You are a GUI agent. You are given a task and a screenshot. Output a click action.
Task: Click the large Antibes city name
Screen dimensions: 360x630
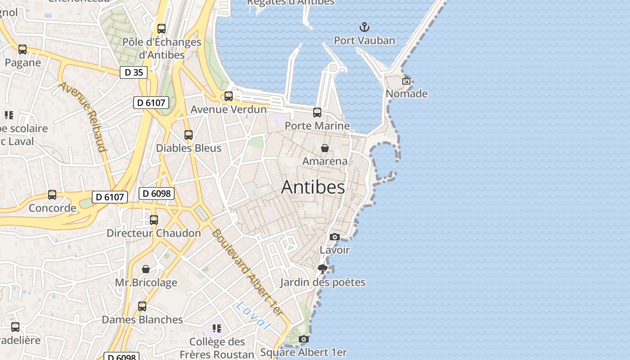313,187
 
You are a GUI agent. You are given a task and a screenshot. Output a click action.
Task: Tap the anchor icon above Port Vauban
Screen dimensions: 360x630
364,27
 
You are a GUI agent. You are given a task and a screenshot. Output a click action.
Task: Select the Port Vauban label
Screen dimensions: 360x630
364,40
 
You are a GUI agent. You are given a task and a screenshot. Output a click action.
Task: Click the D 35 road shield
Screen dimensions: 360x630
134,72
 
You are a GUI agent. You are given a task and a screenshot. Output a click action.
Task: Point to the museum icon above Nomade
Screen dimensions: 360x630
406,81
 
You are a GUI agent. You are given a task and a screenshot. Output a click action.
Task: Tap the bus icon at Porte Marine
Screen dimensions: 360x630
317,112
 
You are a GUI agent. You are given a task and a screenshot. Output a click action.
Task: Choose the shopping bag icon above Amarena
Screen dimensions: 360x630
324,148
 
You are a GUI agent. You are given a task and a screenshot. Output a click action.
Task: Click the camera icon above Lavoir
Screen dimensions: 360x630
334,237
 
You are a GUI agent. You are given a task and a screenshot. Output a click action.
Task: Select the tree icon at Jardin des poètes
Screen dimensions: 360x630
322,269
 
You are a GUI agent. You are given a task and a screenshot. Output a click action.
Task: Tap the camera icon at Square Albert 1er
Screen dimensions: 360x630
304,339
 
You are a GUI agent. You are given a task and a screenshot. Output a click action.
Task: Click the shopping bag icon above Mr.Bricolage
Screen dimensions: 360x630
146,269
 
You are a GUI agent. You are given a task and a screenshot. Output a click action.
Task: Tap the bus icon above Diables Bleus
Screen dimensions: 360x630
189,135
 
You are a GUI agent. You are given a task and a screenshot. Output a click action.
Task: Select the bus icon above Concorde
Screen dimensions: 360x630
52,195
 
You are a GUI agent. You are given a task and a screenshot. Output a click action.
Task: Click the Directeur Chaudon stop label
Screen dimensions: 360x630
153,233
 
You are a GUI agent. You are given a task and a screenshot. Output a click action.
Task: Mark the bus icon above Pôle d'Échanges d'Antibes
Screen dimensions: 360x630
162,29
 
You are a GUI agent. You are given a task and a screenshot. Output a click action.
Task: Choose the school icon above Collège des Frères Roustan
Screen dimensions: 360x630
217,328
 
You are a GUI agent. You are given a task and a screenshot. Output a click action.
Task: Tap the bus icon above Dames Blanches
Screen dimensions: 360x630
142,306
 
